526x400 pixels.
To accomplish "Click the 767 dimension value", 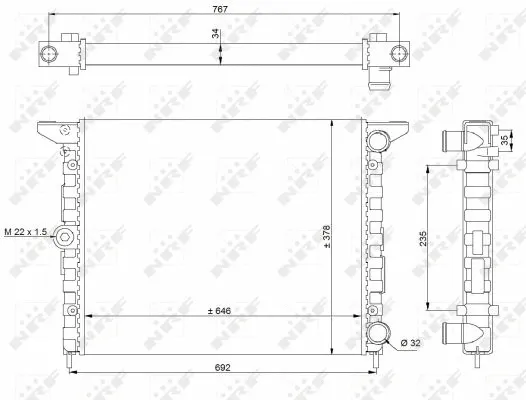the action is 220,9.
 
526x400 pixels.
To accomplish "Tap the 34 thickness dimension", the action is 215,34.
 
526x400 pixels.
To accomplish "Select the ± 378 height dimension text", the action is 326,237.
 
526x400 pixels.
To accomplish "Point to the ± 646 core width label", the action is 219,311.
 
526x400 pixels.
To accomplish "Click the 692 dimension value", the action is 222,367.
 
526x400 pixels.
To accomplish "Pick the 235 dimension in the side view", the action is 423,238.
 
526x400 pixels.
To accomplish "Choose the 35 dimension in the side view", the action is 504,140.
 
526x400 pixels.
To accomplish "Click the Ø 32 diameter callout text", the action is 411,343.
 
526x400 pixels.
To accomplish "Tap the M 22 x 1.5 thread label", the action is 25,232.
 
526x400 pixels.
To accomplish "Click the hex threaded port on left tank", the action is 64,237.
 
